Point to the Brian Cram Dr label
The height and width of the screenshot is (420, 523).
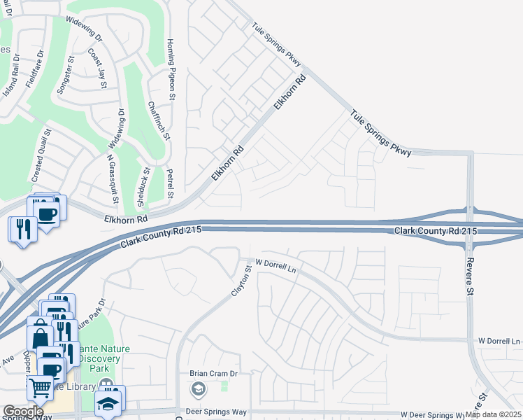214,374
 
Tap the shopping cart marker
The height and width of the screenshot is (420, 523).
41,387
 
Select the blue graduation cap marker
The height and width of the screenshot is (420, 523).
108,404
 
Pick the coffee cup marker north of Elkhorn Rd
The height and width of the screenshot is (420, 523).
45,213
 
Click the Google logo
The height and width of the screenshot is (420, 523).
23,411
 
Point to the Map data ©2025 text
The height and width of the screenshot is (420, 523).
493,414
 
